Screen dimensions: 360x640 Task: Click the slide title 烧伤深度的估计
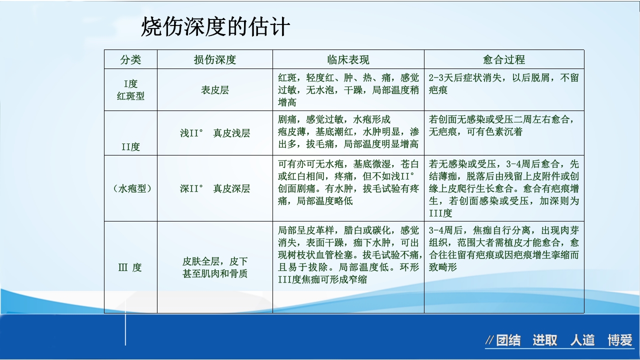pos(215,26)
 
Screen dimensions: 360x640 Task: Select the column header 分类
pos(130,60)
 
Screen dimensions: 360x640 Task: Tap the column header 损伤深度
pos(215,60)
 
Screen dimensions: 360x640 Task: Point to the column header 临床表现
pos(348,60)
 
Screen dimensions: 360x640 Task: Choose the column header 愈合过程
pos(504,60)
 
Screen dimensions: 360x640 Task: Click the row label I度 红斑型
pos(130,90)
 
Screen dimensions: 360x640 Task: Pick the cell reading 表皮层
pos(215,90)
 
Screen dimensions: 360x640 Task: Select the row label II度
pos(130,147)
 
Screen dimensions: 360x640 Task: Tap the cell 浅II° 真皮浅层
pos(215,133)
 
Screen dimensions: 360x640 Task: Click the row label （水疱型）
pos(130,188)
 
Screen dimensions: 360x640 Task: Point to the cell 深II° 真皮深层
pos(215,188)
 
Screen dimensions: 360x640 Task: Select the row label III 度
pos(130,267)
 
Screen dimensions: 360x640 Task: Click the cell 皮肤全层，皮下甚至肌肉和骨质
pos(215,267)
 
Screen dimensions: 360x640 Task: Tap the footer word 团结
pos(508,341)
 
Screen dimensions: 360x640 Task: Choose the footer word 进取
pos(544,341)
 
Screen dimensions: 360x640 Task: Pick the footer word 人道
pos(582,341)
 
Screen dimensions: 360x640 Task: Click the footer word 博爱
pos(620,341)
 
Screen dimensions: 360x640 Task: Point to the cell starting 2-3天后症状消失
pos(503,84)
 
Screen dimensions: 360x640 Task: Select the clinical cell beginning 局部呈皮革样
pos(348,254)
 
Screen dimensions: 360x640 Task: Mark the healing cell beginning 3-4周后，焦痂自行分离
pos(503,248)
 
